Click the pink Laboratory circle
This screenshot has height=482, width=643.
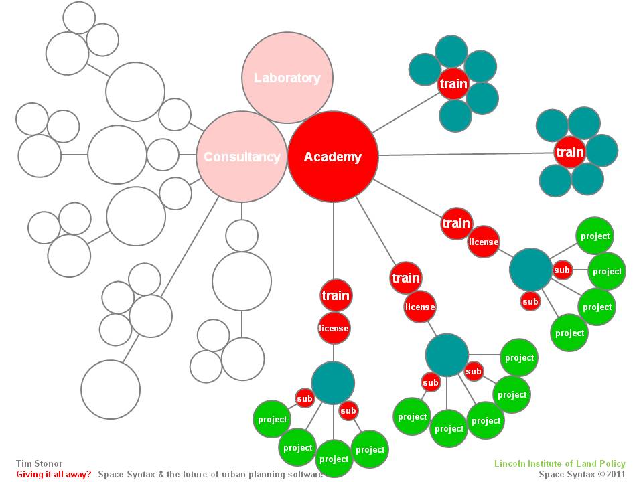[x=287, y=78]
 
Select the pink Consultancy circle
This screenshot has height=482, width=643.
[x=241, y=157]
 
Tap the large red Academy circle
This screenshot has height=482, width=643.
[x=333, y=157]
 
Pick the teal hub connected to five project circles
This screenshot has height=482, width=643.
[x=447, y=355]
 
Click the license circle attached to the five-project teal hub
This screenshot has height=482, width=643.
[x=420, y=307]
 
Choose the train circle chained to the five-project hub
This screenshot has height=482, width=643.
[x=406, y=278]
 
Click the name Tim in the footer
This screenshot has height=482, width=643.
[x=23, y=463]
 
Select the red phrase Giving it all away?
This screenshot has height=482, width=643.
[x=54, y=474]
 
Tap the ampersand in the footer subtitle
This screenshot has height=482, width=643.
[x=155, y=474]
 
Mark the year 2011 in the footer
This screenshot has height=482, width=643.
[x=616, y=474]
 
